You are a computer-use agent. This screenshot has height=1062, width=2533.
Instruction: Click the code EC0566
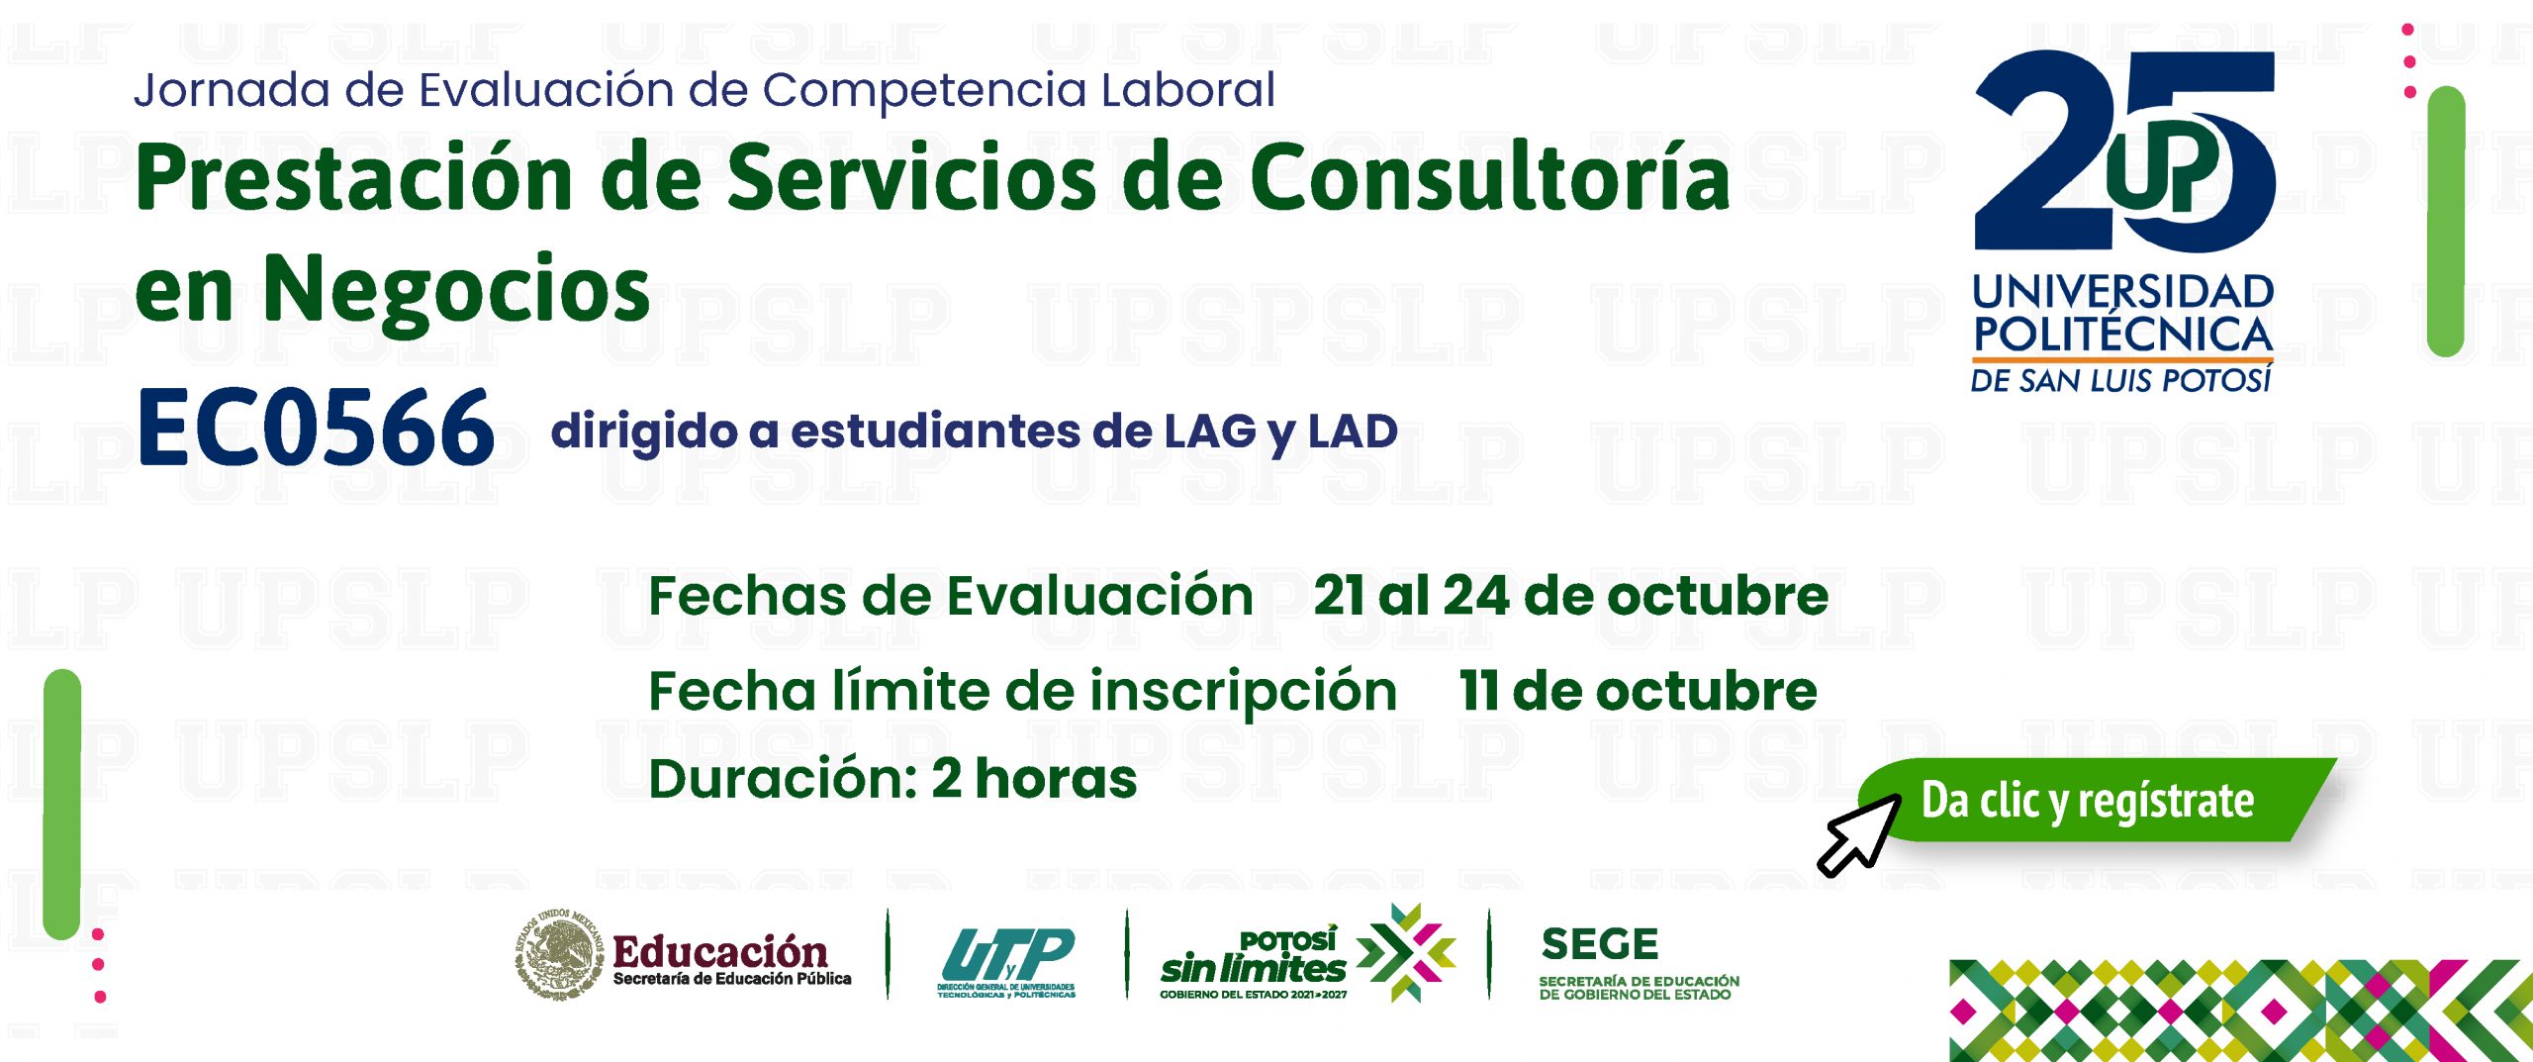(316, 427)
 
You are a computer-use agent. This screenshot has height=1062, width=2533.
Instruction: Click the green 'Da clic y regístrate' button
(2098, 800)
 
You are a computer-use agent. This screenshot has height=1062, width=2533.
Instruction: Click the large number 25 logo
(2124, 150)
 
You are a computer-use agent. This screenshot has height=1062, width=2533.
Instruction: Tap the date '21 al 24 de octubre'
(1571, 596)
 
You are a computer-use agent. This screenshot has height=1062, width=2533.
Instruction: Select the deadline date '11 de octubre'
(1639, 691)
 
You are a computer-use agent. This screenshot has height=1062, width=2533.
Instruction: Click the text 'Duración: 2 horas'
(892, 779)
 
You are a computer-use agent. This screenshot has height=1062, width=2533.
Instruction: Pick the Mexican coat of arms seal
(559, 953)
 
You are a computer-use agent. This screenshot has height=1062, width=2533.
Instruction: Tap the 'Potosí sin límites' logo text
(1254, 956)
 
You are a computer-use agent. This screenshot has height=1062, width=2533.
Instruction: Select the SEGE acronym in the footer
(1599, 944)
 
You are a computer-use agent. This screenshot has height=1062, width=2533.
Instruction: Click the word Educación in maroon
(720, 951)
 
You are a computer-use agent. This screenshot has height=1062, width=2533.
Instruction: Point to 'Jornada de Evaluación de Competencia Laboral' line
(704, 90)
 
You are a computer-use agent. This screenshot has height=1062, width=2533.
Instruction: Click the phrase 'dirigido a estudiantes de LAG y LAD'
(975, 433)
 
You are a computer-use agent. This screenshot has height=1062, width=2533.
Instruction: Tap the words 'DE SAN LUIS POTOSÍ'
(2120, 380)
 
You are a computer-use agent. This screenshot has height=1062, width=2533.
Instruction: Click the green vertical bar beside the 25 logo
(2446, 221)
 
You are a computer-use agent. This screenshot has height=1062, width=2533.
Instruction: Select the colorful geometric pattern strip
(2241, 1011)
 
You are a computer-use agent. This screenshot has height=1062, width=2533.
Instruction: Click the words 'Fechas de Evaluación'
(951, 596)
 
